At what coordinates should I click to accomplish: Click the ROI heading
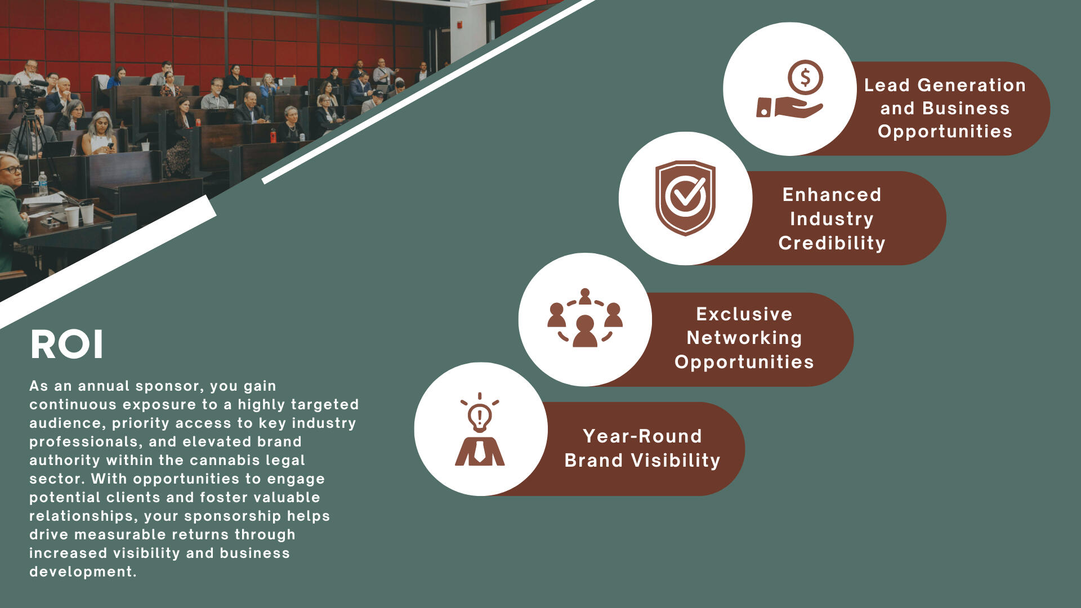click(x=67, y=344)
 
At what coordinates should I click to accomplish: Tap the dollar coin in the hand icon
click(x=805, y=77)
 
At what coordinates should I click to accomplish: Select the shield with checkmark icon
click(x=685, y=198)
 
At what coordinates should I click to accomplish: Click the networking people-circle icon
click(x=585, y=318)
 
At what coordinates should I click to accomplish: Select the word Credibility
click(x=832, y=243)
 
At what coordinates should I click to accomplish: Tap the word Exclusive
click(x=744, y=314)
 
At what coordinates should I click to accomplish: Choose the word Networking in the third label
click(x=744, y=338)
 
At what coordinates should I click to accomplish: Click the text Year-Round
click(x=642, y=436)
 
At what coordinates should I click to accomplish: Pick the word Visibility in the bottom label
click(x=676, y=461)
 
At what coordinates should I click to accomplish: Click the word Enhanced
click(x=832, y=195)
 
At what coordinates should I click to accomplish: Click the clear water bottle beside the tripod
click(x=43, y=184)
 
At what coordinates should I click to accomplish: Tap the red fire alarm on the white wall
click(x=460, y=25)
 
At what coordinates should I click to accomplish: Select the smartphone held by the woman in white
click(x=110, y=146)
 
